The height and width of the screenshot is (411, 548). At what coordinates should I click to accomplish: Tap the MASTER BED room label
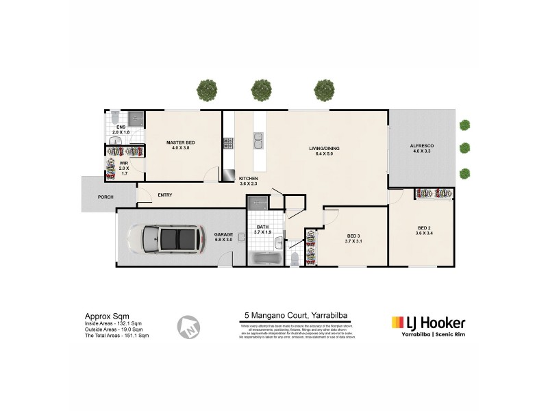click(181, 143)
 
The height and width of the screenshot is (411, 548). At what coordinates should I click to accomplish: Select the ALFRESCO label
click(422, 147)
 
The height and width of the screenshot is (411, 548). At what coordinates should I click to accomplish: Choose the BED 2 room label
click(424, 227)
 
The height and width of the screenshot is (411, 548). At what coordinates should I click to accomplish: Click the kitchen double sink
click(258, 141)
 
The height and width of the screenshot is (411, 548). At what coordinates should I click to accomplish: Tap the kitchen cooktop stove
click(228, 143)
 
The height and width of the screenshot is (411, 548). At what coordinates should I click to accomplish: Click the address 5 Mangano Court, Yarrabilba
click(296, 316)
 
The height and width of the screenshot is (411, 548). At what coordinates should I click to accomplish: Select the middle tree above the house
click(261, 90)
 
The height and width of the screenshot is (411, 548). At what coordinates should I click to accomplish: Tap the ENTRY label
click(164, 195)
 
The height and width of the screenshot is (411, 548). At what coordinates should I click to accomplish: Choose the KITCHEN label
click(248, 178)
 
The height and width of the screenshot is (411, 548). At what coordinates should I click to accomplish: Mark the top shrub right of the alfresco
click(465, 125)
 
